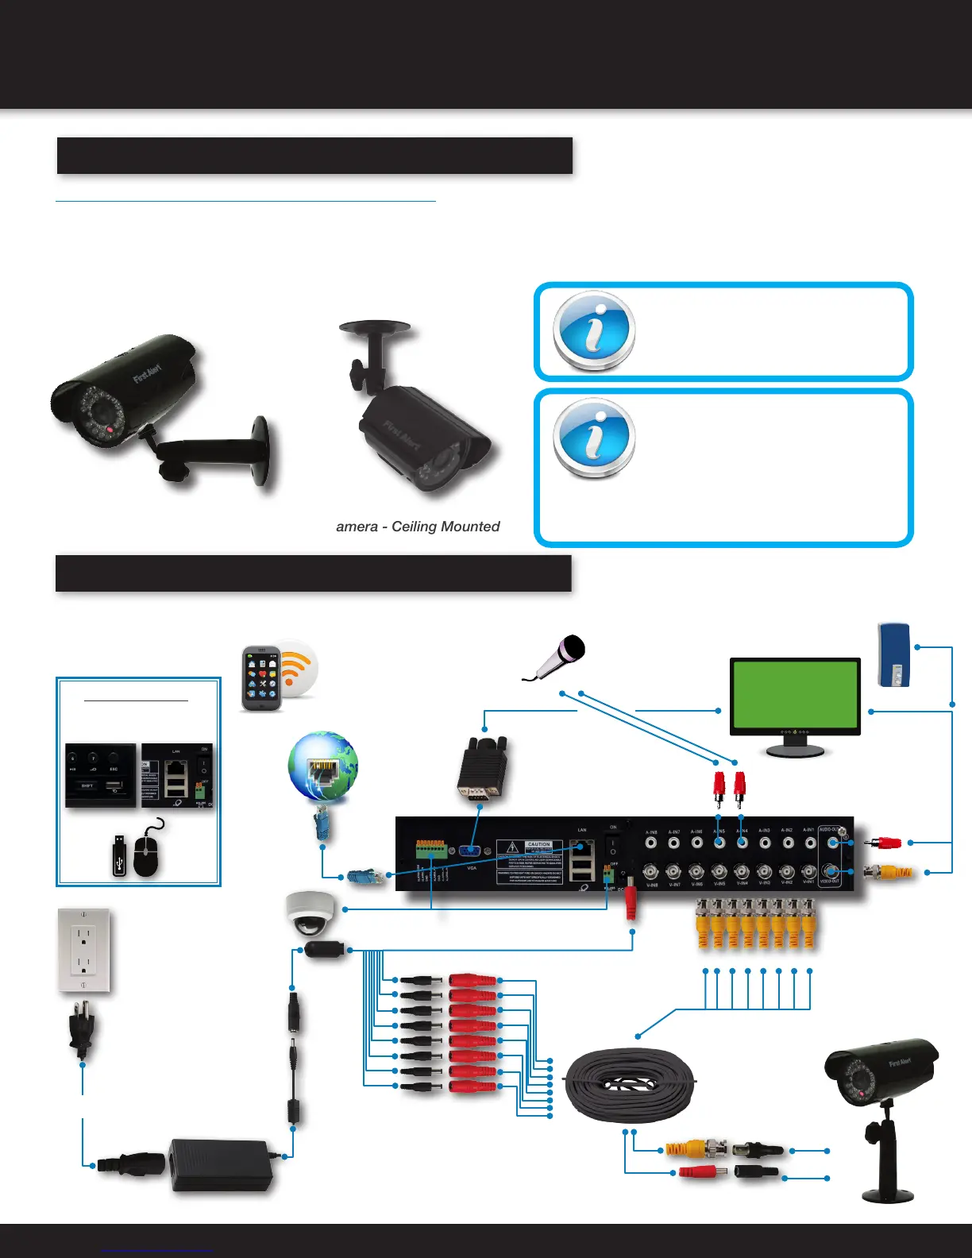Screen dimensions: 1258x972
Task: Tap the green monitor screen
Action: (x=795, y=696)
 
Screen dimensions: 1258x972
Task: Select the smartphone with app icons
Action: (x=262, y=677)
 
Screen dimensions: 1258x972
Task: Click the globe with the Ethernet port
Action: (x=322, y=766)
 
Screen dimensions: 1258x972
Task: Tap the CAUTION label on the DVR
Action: (x=538, y=844)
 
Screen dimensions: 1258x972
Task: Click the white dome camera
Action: (x=307, y=913)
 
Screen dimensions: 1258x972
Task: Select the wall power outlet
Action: (x=83, y=950)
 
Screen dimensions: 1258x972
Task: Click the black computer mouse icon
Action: (x=147, y=856)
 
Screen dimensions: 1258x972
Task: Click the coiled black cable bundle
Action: (x=630, y=1085)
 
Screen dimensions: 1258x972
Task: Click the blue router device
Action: (x=893, y=654)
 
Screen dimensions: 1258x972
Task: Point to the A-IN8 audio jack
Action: (x=651, y=842)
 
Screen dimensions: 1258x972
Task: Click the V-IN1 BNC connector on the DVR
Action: (x=809, y=871)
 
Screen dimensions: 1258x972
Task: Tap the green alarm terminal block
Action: (x=430, y=850)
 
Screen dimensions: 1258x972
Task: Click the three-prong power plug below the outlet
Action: (x=82, y=1028)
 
